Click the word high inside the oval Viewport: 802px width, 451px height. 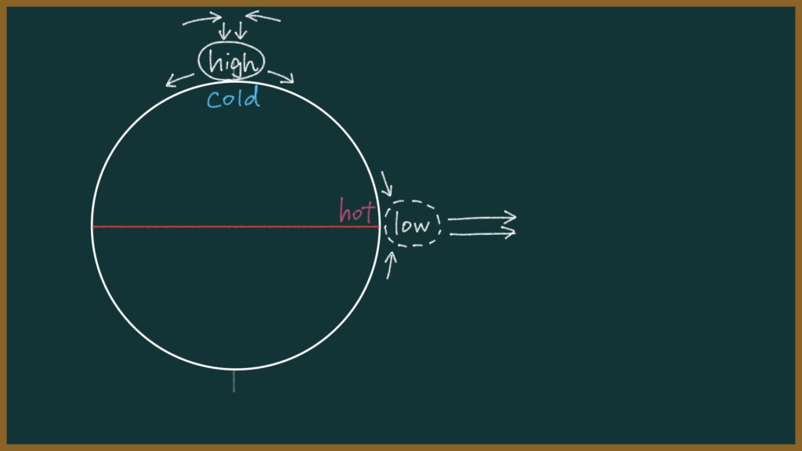[232, 63]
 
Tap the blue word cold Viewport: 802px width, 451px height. [233, 98]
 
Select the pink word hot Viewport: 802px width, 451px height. [357, 211]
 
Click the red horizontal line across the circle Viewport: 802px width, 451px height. [235, 226]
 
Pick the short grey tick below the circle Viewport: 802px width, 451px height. [234, 381]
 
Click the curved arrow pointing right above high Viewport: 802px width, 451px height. [202, 20]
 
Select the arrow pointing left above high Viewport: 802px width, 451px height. [263, 17]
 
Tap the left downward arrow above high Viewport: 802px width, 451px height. [223, 31]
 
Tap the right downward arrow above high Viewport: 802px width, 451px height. [241, 31]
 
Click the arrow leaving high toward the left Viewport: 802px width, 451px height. [179, 80]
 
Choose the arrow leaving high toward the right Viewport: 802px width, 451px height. [281, 77]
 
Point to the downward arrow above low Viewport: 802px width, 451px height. [386, 184]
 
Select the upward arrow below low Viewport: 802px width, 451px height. [390, 265]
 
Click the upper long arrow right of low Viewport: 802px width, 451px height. [482, 218]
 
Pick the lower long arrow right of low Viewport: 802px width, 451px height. [482, 233]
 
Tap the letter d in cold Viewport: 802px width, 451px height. [252, 96]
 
